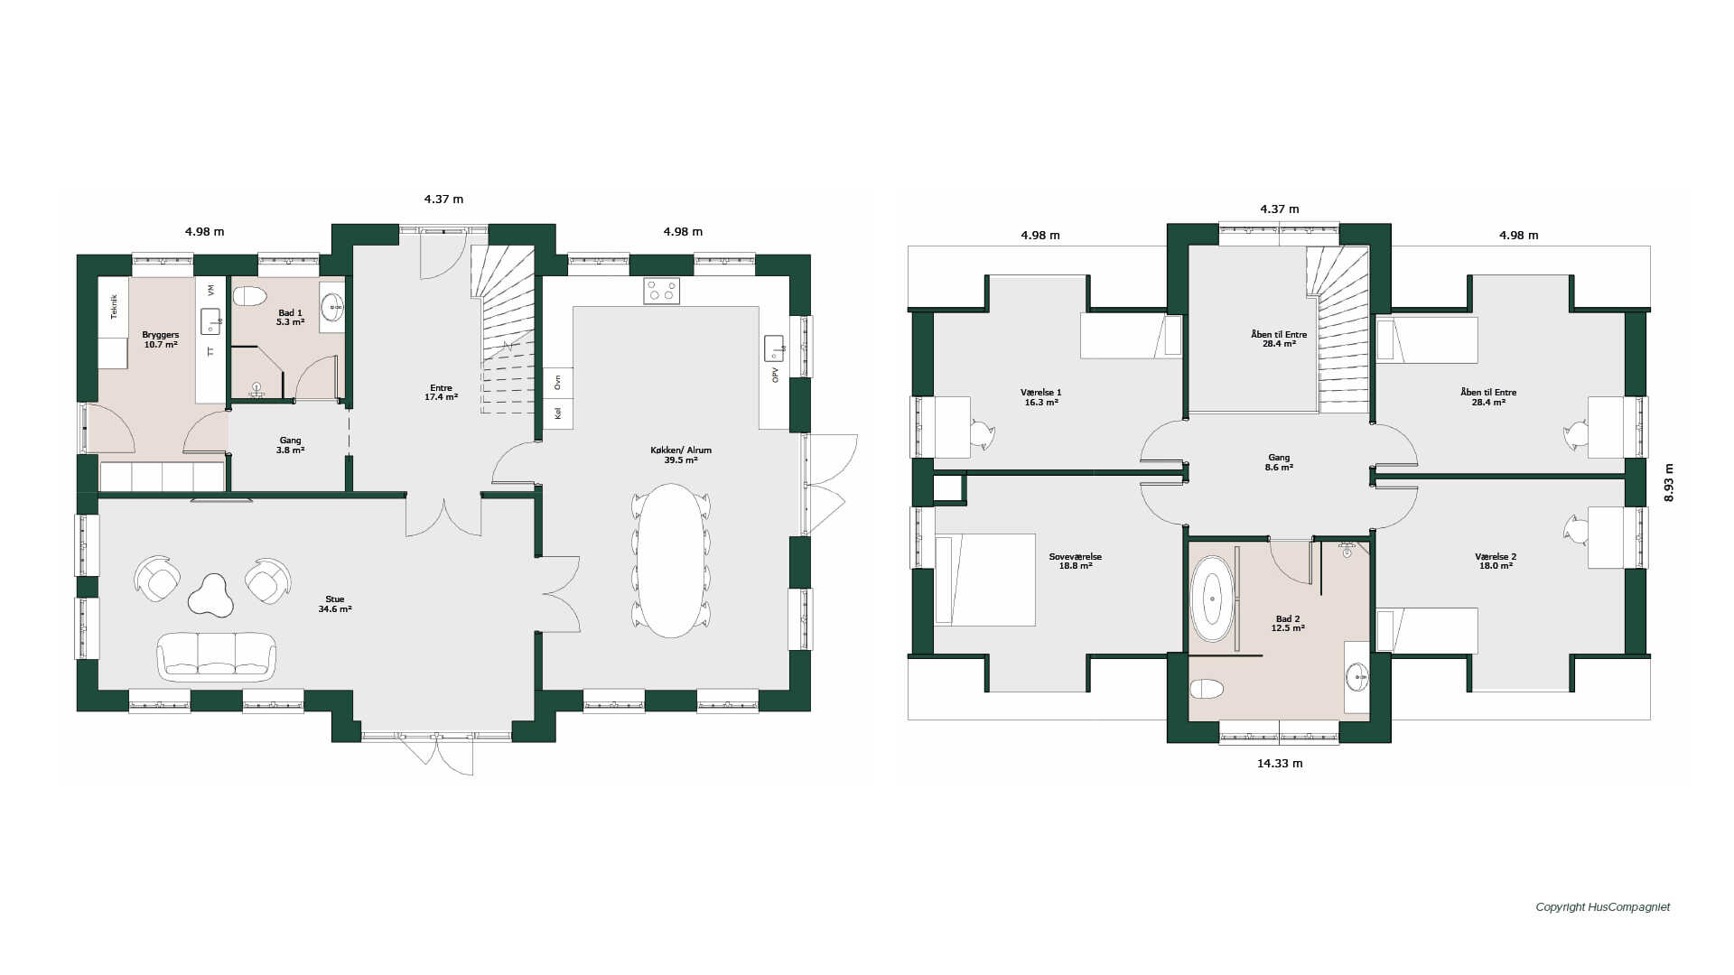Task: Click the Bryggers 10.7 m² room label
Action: point(161,339)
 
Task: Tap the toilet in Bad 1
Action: point(249,296)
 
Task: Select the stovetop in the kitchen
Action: point(662,291)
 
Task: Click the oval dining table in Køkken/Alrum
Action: point(671,561)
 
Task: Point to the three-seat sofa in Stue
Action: point(217,655)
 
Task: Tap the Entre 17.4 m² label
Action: point(441,393)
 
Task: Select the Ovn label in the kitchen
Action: point(558,382)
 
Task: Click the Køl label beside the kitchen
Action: point(558,413)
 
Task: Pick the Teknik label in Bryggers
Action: point(114,307)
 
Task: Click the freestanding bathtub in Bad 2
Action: point(1212,599)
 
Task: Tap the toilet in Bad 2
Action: point(1206,691)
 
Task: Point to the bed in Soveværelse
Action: point(985,580)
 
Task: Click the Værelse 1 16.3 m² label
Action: point(1041,397)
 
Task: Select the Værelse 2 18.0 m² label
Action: point(1496,562)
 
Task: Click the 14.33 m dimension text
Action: point(1280,764)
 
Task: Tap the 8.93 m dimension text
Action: point(1669,482)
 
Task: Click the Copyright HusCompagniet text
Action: point(1603,907)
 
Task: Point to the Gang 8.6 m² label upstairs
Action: point(1279,462)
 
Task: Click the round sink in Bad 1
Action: point(332,307)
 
